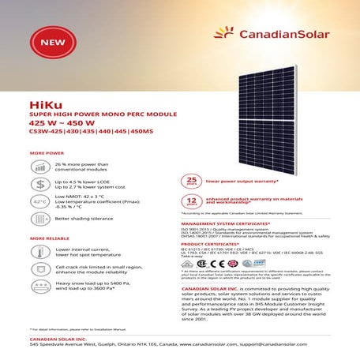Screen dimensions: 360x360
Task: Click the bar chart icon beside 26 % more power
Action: [x=40, y=167]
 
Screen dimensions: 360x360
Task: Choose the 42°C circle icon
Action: [x=40, y=202]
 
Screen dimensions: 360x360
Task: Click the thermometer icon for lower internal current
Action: [x=40, y=253]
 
